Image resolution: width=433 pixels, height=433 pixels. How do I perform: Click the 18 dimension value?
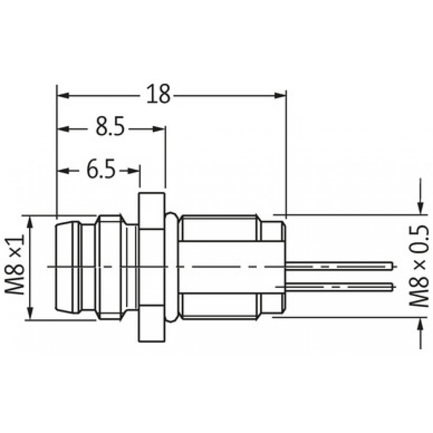pos(158,94)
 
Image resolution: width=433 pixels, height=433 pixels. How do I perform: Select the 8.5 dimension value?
pos(110,126)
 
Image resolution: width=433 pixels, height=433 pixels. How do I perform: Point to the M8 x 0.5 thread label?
pos(419,266)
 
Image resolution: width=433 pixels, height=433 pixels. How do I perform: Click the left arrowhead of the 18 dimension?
pos(63,96)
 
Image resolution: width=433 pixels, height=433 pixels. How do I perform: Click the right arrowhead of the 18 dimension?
pos(280,96)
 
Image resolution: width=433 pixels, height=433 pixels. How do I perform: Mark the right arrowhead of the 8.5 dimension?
pos(159,129)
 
